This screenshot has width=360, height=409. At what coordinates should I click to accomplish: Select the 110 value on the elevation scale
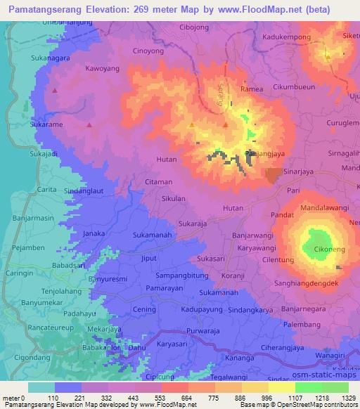pyautogui.click(x=53, y=398)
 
